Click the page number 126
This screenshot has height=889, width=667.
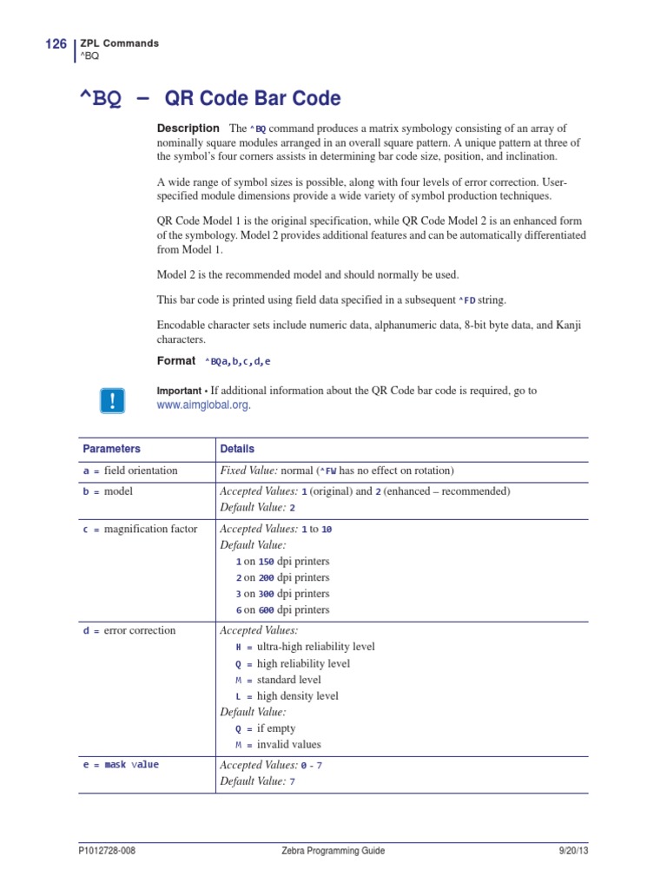tap(56, 44)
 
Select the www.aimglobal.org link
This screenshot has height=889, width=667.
tap(208, 405)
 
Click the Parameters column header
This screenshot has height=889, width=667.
tap(111, 449)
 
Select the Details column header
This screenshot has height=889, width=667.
tap(237, 449)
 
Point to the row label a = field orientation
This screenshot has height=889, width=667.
tap(130, 471)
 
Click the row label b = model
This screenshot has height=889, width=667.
tap(109, 491)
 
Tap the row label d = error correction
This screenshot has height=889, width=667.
tap(129, 631)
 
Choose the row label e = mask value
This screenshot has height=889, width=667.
tap(121, 765)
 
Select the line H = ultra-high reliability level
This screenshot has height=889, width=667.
tap(305, 648)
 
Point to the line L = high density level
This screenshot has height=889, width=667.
tap(287, 696)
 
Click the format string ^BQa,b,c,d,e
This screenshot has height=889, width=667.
tap(243, 361)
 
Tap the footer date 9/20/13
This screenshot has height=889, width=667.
tap(573, 851)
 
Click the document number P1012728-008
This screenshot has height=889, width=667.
tap(107, 851)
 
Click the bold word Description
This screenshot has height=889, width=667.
tap(188, 128)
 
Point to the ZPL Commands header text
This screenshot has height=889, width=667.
tap(119, 43)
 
